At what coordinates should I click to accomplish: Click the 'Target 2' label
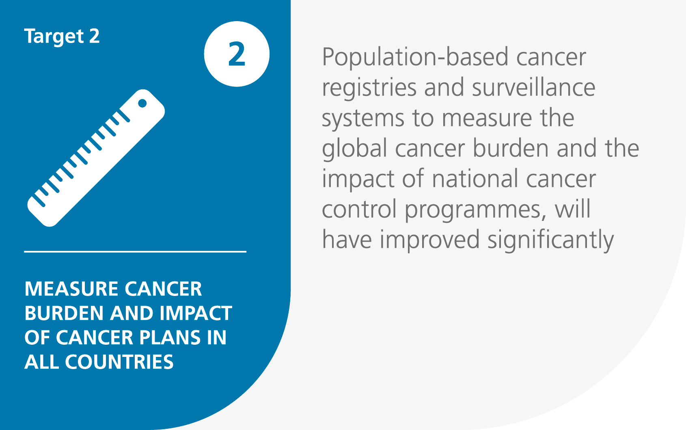tap(62, 37)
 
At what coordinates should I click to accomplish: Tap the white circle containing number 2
tap(237, 54)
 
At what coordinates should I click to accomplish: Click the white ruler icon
tap(96, 158)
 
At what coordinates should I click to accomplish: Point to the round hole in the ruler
tap(142, 103)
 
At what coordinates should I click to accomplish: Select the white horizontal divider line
tap(135, 252)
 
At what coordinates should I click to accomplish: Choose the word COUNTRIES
tap(119, 362)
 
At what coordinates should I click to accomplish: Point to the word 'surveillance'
tap(533, 87)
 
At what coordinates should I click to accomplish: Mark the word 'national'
tap(475, 179)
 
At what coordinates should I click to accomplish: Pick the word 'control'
tap(359, 209)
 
